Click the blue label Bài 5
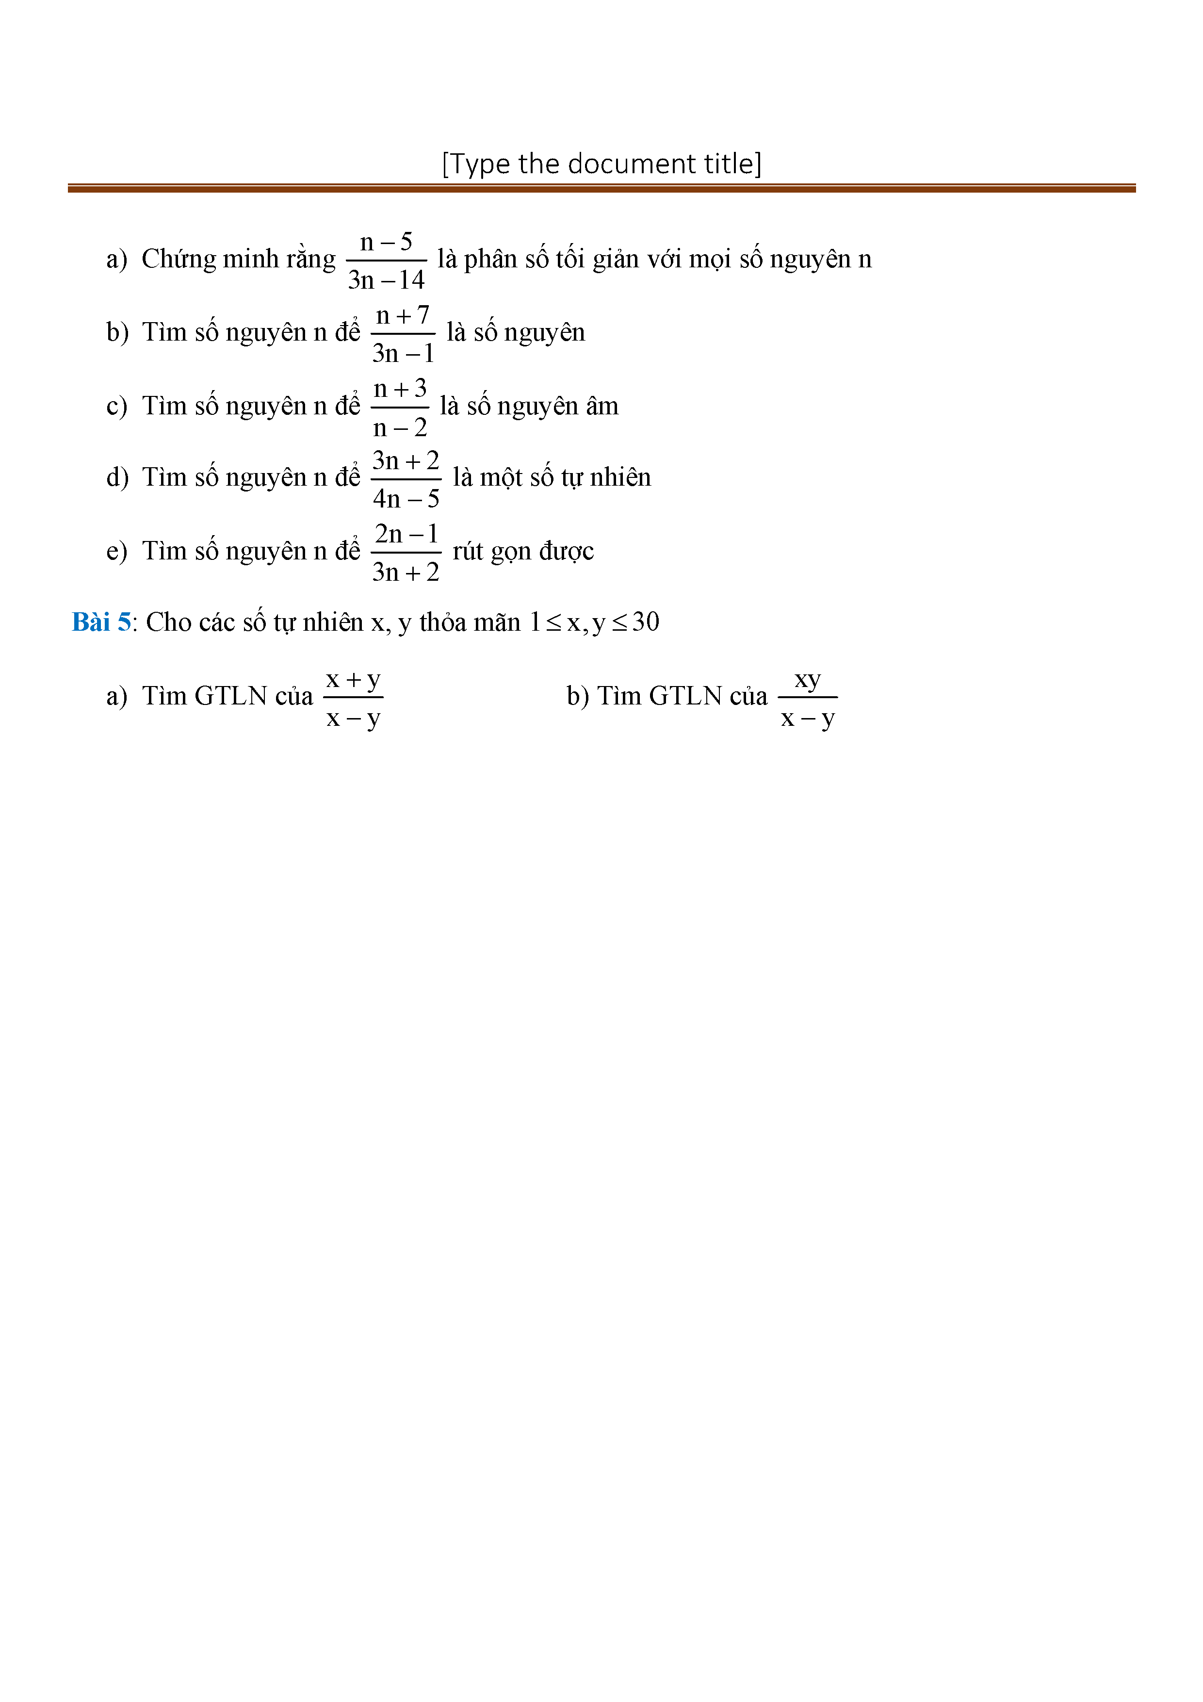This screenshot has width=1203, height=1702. (x=101, y=622)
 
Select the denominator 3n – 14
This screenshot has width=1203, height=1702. (x=386, y=280)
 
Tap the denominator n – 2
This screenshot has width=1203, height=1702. (x=400, y=428)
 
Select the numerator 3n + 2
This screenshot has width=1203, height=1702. (x=406, y=460)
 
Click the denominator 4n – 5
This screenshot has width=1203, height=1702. (x=406, y=499)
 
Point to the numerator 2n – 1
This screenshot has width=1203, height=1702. (x=406, y=534)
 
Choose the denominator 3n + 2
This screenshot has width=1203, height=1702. (x=406, y=573)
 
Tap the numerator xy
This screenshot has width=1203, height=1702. (x=808, y=679)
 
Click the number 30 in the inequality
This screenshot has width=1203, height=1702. (x=646, y=622)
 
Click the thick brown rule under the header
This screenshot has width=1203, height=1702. (x=601, y=189)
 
